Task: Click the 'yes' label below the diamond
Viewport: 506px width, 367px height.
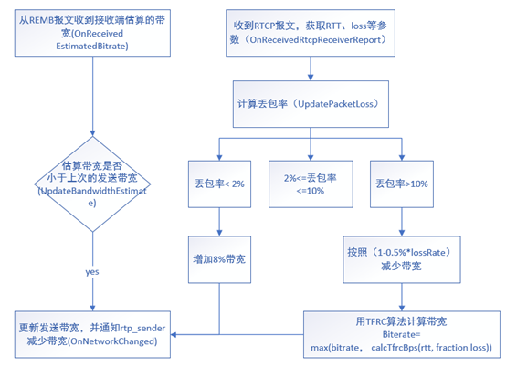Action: (92, 272)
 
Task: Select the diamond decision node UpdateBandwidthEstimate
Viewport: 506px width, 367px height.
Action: (92, 184)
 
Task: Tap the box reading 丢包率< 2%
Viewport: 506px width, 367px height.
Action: (219, 183)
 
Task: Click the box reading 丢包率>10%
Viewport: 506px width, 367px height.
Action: (402, 183)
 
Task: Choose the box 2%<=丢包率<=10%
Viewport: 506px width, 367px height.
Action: (311, 183)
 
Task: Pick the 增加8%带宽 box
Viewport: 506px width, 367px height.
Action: (219, 259)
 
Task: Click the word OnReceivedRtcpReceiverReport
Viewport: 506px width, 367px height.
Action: (315, 40)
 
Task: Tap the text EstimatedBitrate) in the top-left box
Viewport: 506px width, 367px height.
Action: (92, 47)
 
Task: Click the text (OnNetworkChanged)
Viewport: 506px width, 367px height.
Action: (112, 341)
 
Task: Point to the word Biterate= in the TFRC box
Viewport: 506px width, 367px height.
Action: (401, 334)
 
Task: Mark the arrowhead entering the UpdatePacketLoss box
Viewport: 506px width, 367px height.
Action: (311, 78)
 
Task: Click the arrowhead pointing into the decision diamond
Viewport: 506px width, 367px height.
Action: (92, 133)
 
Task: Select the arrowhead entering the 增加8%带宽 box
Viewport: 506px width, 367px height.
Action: (219, 233)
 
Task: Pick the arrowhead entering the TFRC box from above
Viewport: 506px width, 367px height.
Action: (402, 308)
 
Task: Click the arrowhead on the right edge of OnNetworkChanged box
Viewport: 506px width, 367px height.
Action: (174, 335)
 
